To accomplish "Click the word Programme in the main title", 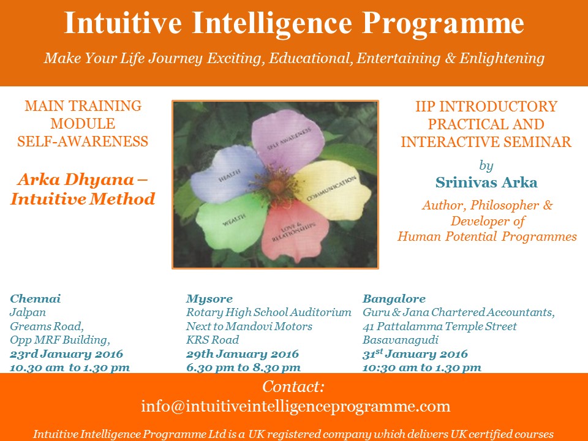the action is click(443, 24).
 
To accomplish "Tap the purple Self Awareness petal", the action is click(287, 139).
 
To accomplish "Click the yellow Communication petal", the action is click(332, 190).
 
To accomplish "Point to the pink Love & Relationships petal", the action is click(295, 230).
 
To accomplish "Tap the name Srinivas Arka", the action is click(486, 183).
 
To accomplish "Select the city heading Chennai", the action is click(36, 298).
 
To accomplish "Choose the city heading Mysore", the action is click(209, 299).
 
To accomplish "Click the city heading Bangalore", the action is click(394, 299).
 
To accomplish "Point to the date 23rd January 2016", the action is click(66, 353).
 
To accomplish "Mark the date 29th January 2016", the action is click(243, 353).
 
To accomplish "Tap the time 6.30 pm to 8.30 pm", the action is click(243, 367).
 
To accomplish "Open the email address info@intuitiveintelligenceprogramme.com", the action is click(295, 406).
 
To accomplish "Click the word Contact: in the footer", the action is click(293, 386).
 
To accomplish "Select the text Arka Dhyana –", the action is click(83, 179).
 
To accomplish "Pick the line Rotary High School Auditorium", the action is click(268, 313).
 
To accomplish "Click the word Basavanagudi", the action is click(401, 340).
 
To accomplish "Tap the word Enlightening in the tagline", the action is click(502, 59).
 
